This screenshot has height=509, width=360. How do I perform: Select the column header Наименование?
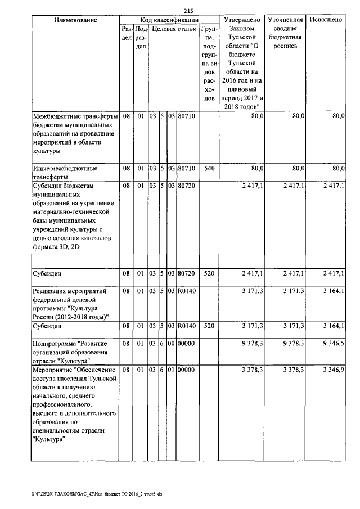point(75,20)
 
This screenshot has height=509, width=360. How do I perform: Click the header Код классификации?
point(168,20)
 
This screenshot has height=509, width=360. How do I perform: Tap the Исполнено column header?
point(326,20)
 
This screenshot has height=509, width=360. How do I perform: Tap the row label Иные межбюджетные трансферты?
point(66,172)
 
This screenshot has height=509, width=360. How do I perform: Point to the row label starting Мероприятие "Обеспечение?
point(74,404)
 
